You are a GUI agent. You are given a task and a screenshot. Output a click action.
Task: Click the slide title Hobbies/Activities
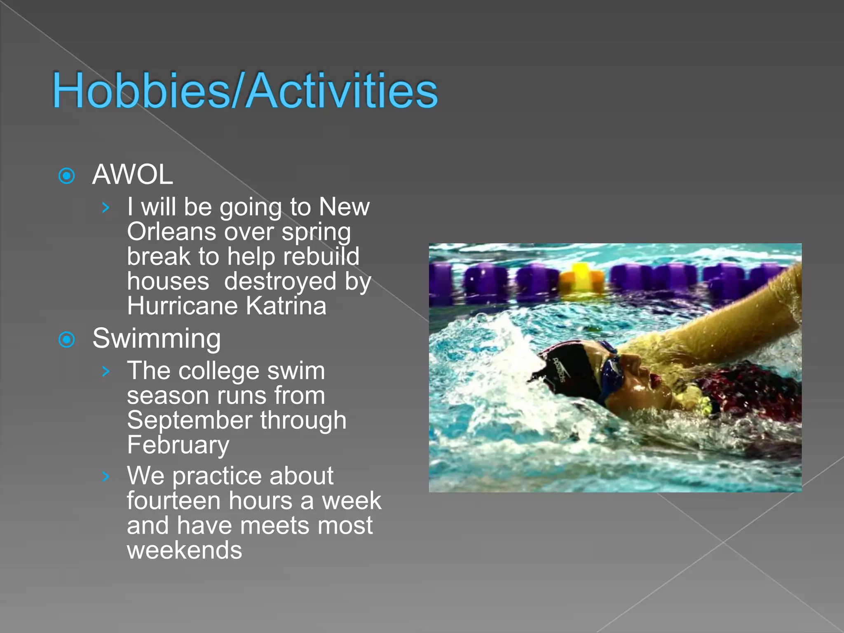pyautogui.click(x=245, y=91)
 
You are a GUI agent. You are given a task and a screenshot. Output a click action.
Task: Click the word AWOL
pyautogui.click(x=132, y=175)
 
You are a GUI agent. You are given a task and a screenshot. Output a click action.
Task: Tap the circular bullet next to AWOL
pyautogui.click(x=67, y=176)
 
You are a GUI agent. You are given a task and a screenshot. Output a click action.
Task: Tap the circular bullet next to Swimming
pyautogui.click(x=67, y=340)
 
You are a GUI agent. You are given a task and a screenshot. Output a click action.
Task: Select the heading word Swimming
pyautogui.click(x=157, y=339)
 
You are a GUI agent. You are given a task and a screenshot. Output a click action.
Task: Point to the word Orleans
pyautogui.click(x=171, y=232)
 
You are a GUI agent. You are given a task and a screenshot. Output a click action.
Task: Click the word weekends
pyautogui.click(x=184, y=551)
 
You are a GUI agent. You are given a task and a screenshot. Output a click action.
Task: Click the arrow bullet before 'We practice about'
pyautogui.click(x=106, y=477)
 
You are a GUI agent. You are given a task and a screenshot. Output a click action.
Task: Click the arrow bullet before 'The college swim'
pyautogui.click(x=106, y=371)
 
